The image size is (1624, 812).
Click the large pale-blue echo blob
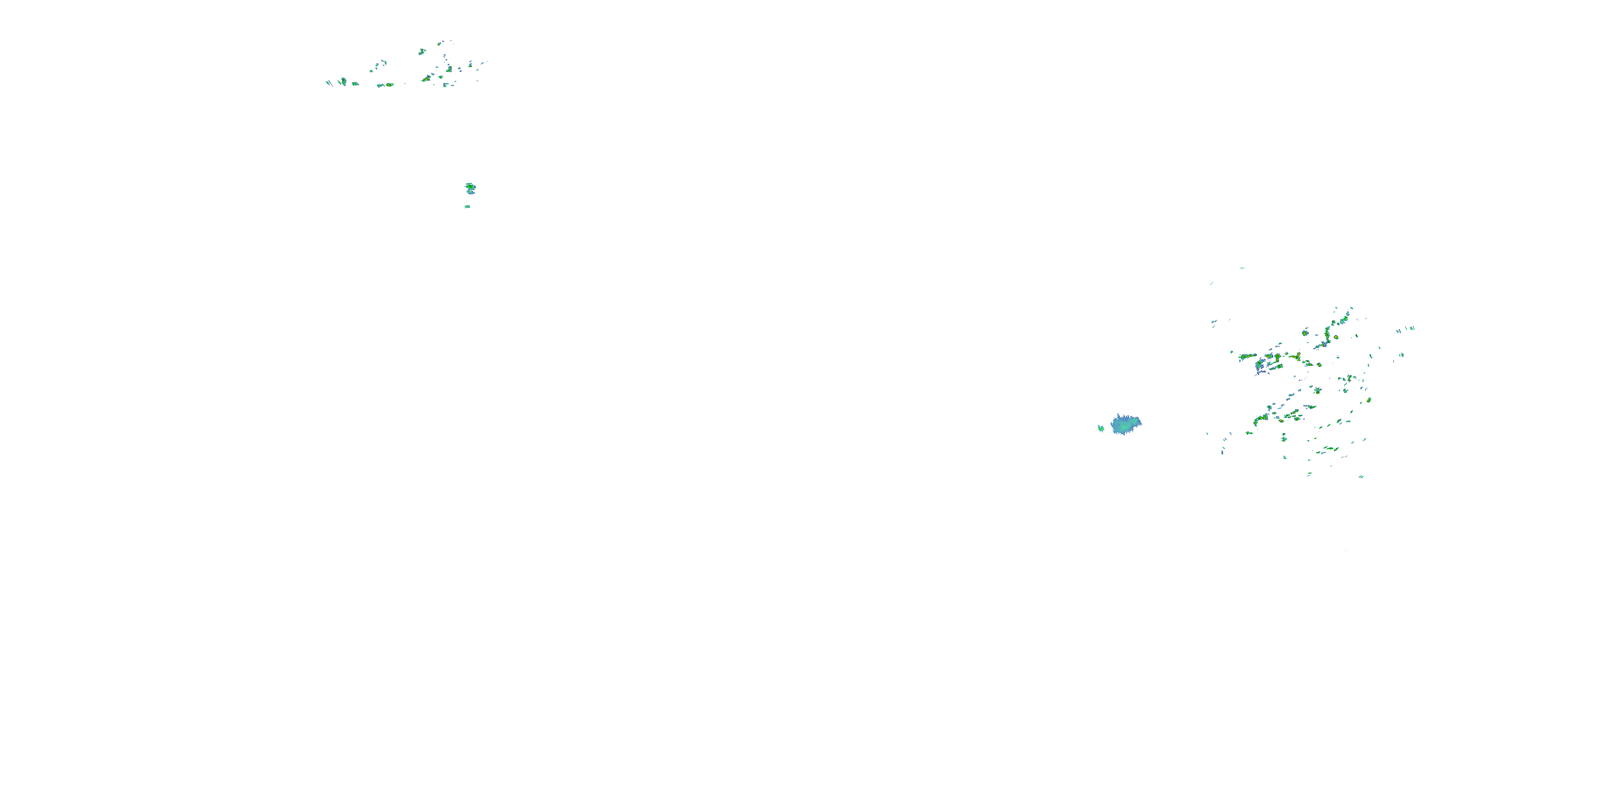tap(1125, 424)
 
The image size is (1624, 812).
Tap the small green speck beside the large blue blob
tap(1101, 428)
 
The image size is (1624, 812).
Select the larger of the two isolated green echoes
tap(470, 187)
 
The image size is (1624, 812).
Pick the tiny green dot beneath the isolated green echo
tap(467, 206)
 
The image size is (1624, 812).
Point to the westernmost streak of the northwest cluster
tap(328, 83)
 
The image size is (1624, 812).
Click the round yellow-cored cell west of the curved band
tap(1305, 332)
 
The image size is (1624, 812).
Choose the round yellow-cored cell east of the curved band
tap(1336, 337)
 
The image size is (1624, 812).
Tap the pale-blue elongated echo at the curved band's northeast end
tap(1347, 313)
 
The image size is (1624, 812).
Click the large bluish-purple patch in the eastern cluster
tap(1261, 365)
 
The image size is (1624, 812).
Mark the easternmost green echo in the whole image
tap(1412, 329)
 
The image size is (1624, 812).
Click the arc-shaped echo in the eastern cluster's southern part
tap(1260, 418)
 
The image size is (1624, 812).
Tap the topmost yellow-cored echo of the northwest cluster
tap(421, 51)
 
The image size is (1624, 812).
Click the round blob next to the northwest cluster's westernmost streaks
tap(343, 81)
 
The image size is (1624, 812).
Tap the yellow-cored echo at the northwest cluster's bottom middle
tap(386, 84)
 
